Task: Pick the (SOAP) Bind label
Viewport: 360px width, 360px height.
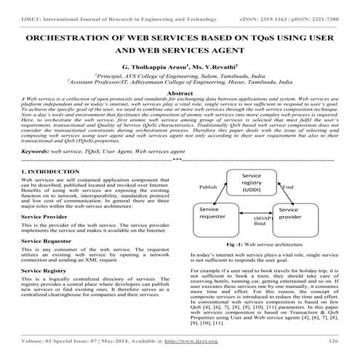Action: [259, 221]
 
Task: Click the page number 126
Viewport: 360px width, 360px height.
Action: [334, 341]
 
